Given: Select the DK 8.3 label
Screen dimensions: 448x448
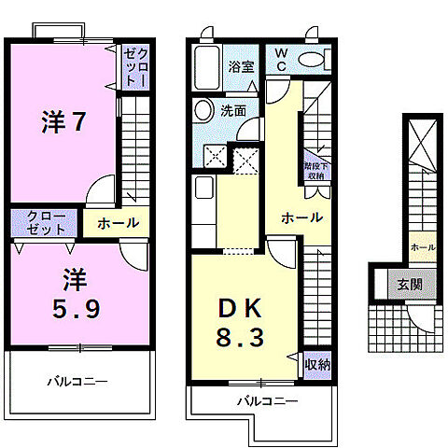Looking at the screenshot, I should tap(240, 322).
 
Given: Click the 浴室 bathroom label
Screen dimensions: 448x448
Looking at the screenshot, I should tap(241, 66).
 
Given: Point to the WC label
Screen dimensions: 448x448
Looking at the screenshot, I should tap(280, 62).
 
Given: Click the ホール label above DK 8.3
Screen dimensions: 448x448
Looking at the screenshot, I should tap(301, 217).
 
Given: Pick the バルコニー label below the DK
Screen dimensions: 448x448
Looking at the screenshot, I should tap(266, 400).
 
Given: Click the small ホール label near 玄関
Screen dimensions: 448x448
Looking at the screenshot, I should tap(421, 246).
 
